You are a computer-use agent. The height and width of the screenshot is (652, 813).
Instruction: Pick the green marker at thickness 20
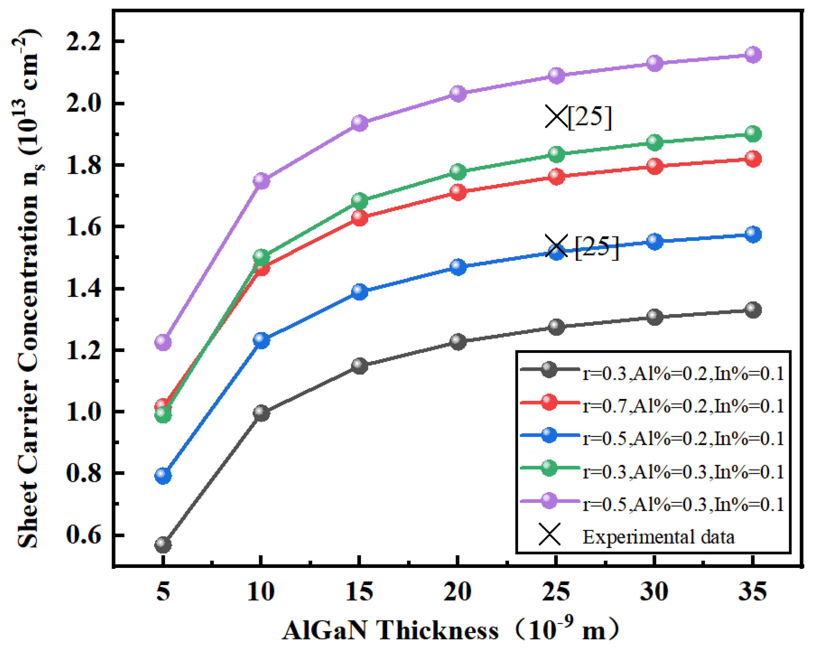click(458, 172)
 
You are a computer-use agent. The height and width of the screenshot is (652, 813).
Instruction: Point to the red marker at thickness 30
click(655, 166)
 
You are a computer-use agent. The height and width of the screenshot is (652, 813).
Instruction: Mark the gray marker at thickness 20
click(458, 342)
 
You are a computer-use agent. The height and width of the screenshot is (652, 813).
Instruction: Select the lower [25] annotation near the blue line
click(597, 248)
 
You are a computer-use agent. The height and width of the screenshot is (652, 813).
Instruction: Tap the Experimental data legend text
click(658, 537)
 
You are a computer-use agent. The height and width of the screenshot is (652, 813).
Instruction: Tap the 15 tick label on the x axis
click(359, 592)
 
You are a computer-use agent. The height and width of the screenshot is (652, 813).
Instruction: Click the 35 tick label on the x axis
click(752, 592)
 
